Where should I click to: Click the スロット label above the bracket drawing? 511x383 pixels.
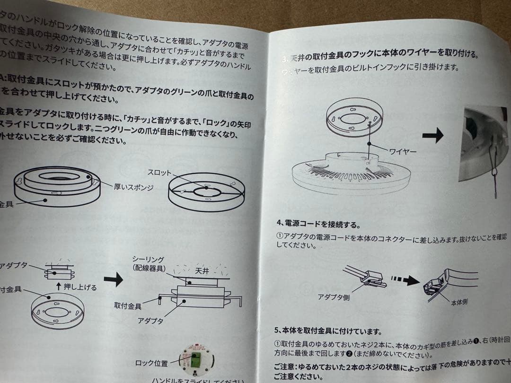pos(159,173)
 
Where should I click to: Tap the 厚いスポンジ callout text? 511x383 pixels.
pos(133,188)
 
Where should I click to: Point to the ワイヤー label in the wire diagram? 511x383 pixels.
pos(402,151)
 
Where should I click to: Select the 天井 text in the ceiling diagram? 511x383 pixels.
pos(202,271)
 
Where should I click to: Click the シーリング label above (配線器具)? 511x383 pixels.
pos(148,260)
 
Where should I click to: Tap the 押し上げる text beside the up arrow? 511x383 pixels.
pos(80,287)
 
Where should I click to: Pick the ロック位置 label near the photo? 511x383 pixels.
pos(151,363)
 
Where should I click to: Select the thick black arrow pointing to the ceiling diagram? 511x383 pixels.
pos(113,279)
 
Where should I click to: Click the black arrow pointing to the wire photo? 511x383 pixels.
pos(432,136)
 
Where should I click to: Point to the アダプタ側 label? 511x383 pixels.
pos(334,298)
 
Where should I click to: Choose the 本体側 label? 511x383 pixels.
pos(458,302)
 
